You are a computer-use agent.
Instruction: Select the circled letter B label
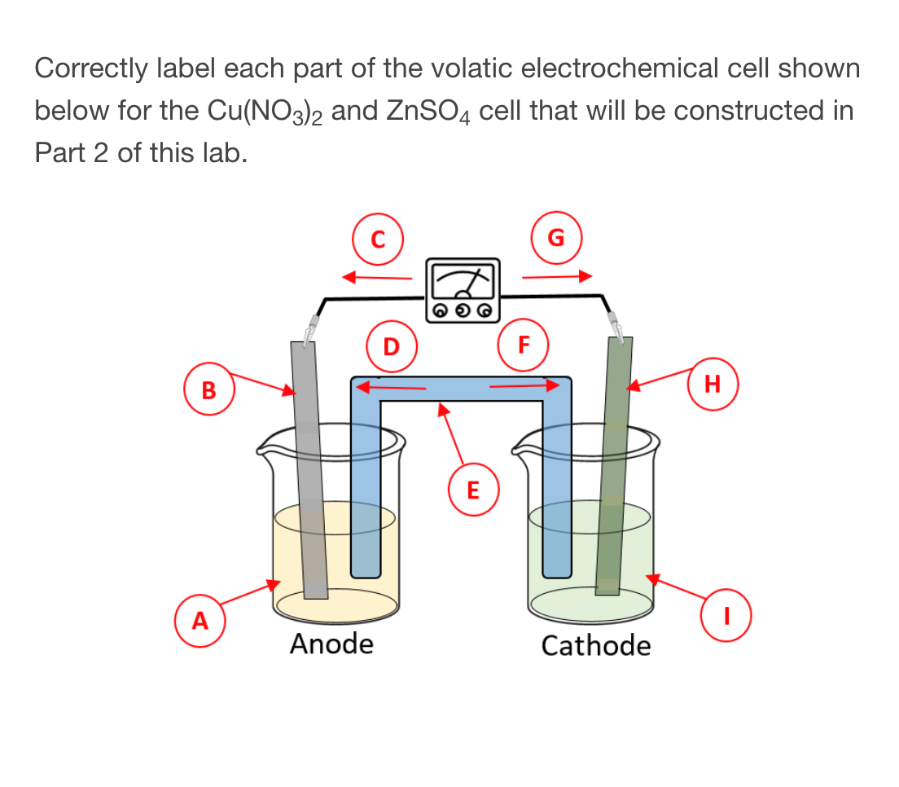(209, 390)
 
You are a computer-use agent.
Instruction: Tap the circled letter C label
(376, 239)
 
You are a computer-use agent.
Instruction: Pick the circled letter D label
(391, 346)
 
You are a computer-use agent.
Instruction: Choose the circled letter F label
(523, 344)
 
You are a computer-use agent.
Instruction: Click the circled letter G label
(555, 237)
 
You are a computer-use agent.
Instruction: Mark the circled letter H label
(713, 383)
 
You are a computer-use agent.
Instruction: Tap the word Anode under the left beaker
(331, 644)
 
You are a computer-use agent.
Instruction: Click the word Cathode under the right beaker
(596, 646)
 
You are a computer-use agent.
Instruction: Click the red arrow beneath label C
(377, 277)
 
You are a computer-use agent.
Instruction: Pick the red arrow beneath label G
(555, 276)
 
